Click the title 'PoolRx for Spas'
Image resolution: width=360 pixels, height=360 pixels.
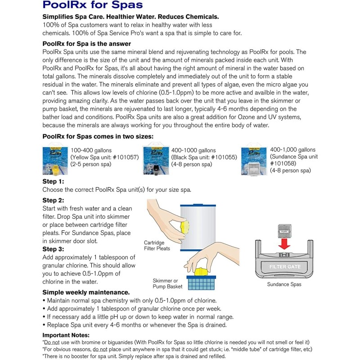point(92,6)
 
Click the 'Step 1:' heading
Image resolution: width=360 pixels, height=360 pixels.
point(53,181)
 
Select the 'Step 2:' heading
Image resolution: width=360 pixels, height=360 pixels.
point(53,200)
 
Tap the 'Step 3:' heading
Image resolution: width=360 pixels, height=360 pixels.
point(53,249)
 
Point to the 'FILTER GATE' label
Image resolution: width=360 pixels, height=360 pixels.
point(284,267)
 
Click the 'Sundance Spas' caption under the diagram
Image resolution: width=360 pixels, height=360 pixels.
point(284,284)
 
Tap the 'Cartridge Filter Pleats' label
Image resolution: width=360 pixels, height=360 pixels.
point(155,245)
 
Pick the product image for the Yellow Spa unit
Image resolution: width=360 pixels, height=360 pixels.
point(55,161)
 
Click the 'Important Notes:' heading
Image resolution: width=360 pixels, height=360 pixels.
point(66,335)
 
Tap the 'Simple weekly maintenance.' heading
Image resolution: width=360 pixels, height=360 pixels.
point(86,292)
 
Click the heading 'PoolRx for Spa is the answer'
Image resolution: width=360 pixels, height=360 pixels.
point(86,44)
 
